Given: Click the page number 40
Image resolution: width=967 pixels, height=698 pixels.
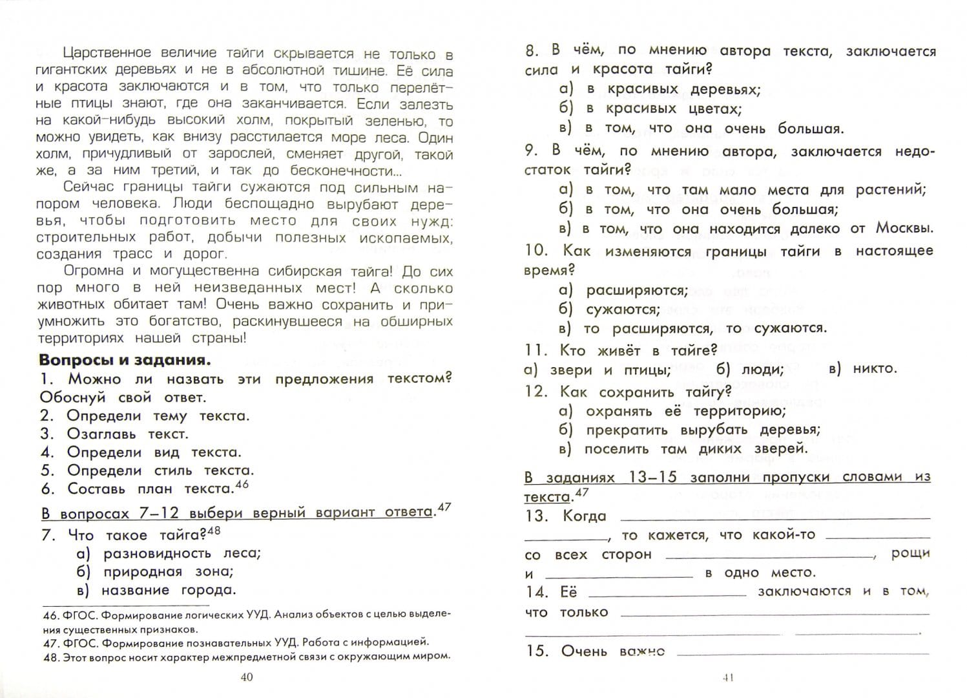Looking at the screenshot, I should (246, 677).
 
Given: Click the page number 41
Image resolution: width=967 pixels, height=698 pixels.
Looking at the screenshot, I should (728, 677).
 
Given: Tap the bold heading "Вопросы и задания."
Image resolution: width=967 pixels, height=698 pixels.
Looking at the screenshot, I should (125, 360).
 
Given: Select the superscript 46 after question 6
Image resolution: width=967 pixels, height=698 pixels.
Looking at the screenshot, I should (241, 485).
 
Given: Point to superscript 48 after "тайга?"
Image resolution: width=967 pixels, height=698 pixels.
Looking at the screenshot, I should (214, 531).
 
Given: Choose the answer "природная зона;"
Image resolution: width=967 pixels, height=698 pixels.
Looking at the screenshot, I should (168, 571).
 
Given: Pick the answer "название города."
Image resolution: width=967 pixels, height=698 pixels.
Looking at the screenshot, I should (169, 589).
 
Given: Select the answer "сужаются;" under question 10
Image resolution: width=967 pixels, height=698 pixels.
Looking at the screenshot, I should (623, 309).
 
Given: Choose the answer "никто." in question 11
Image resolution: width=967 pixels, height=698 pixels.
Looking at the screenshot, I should (875, 368).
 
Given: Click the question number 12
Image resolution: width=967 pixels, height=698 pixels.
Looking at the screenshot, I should (535, 392).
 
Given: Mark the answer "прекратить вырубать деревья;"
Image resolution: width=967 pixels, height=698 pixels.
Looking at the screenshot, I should (702, 430).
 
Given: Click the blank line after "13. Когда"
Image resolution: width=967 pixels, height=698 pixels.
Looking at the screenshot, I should (775, 518).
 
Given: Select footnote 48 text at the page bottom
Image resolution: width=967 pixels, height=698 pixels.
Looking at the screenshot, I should (245, 656).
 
